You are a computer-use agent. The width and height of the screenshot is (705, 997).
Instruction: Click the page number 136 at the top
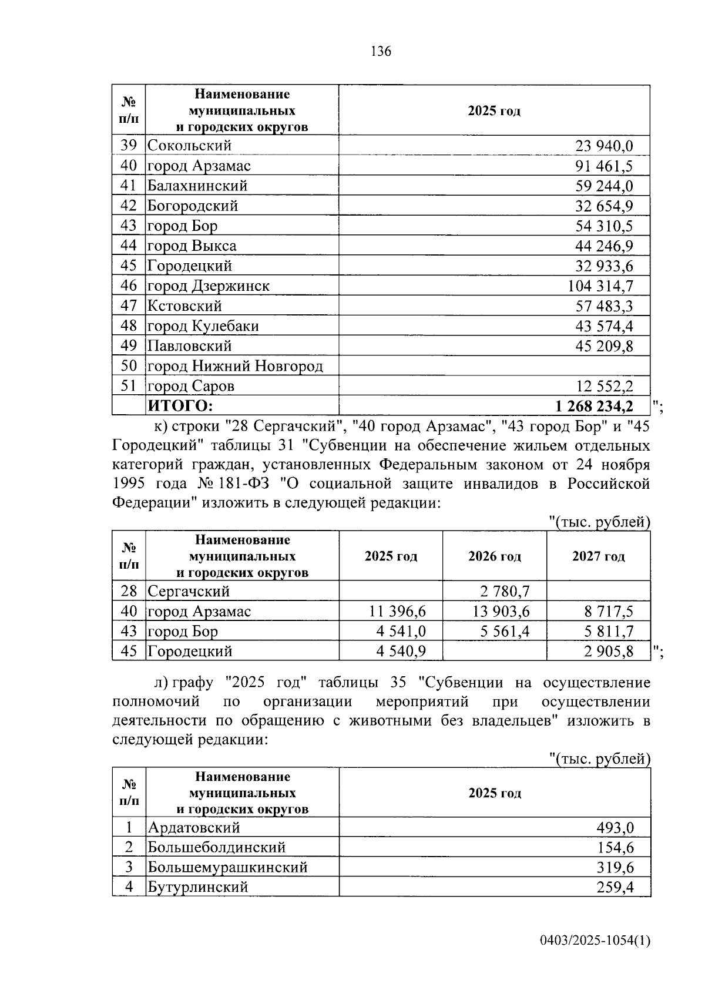[x=381, y=52]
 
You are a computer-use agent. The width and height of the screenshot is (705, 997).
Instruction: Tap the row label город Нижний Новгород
[x=235, y=367]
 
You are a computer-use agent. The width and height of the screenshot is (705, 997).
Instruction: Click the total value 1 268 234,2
[x=594, y=406]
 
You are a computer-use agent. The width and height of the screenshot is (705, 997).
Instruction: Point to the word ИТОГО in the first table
[x=180, y=406]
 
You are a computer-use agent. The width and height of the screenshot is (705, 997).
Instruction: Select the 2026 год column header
[x=494, y=556]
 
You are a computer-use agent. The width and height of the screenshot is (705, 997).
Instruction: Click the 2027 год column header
[x=598, y=556]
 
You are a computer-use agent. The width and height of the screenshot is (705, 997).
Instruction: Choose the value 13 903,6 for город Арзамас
[x=501, y=612]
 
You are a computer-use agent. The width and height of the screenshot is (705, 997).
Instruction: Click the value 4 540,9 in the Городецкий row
[x=397, y=652]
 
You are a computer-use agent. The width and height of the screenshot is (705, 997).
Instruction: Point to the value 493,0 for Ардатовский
[x=615, y=828]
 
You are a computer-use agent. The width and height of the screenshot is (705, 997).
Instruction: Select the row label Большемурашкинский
[x=227, y=868]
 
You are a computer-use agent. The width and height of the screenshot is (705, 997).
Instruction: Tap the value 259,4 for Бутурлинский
[x=615, y=888]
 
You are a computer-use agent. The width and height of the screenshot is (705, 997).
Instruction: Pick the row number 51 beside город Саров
[x=129, y=386]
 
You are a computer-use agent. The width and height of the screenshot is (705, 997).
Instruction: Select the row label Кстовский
[x=184, y=306]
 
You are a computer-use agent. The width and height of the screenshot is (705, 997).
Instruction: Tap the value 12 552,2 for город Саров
[x=604, y=387]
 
